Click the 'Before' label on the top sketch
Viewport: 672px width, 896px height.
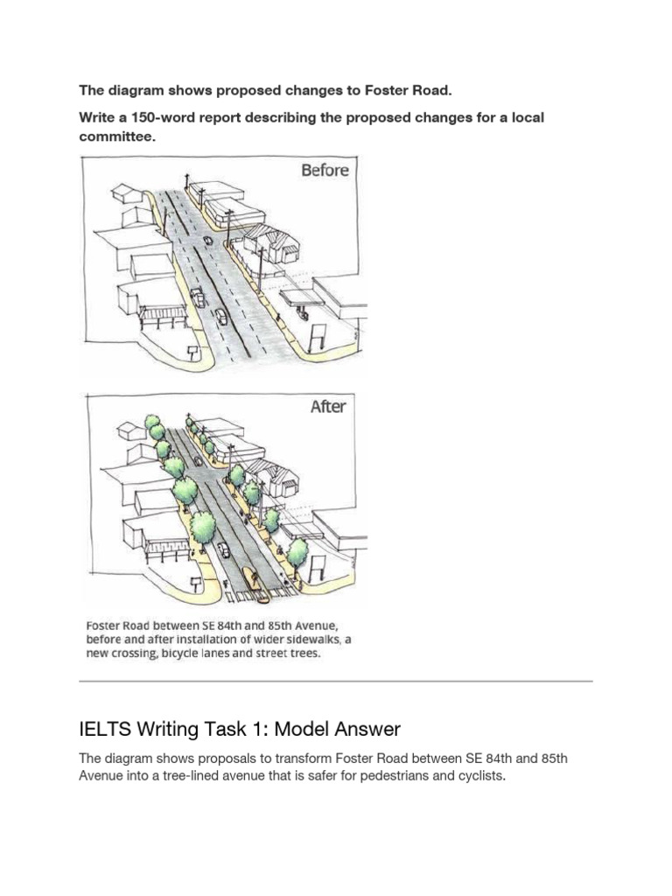pos(325,171)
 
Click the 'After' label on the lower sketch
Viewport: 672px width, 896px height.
pos(328,407)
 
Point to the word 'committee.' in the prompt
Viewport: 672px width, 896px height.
pos(117,137)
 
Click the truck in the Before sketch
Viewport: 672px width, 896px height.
pos(197,297)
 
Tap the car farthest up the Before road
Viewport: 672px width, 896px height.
pos(208,241)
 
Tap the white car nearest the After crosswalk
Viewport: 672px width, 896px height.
pos(223,549)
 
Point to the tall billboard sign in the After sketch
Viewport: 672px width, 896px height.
pos(318,566)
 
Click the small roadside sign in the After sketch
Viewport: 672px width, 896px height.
pos(196,583)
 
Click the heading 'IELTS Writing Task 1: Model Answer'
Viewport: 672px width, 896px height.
pos(240,729)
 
